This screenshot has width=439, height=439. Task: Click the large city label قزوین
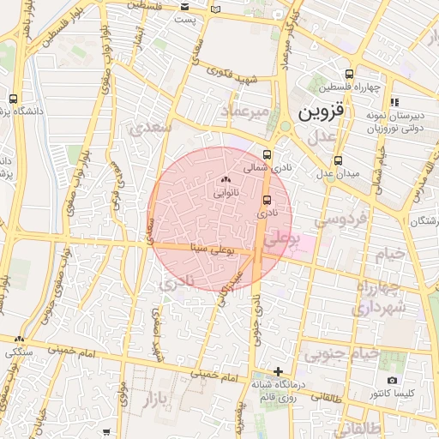pos(319,112)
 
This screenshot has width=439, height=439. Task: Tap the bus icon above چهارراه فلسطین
pos(348,74)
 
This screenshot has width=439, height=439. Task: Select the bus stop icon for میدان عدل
pos(337,159)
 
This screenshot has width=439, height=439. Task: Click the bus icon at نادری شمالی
pos(267,155)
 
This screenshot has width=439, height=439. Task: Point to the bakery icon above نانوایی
pos(226,180)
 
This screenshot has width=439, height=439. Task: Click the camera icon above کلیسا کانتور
pos(392,380)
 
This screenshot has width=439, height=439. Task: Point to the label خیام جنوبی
pos(343,353)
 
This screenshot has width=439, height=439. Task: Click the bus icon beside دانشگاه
pos(13,99)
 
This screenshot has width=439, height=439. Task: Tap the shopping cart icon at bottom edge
pos(105,433)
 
